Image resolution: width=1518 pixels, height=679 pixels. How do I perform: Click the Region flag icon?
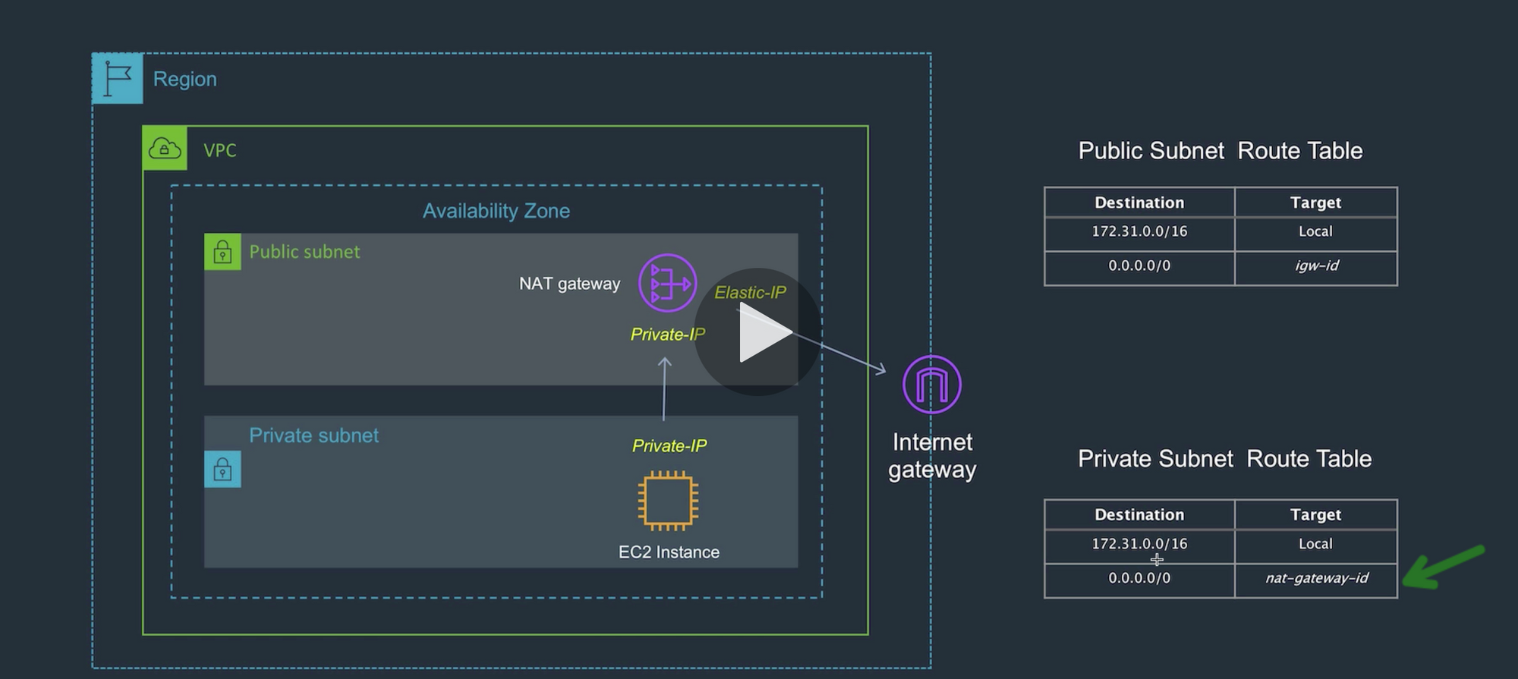(117, 78)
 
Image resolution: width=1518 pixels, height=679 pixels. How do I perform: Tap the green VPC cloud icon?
(165, 149)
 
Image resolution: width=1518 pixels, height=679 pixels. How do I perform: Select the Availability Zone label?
(496, 211)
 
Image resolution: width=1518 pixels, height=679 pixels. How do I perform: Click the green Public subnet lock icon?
(222, 252)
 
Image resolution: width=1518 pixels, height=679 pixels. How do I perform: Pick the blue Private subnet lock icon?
(222, 470)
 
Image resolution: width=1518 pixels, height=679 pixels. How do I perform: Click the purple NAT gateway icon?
(667, 283)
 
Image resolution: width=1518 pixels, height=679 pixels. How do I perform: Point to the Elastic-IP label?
(750, 293)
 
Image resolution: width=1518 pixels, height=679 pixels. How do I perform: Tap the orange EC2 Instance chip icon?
(668, 501)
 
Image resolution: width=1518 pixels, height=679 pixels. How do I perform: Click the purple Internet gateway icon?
(931, 385)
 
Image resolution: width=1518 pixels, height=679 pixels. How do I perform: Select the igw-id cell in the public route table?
(1316, 266)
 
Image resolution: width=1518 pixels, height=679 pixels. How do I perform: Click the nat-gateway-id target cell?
(1316, 579)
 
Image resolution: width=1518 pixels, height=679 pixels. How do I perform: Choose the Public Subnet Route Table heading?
(1220, 151)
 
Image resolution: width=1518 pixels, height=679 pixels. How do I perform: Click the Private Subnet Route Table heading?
(1224, 459)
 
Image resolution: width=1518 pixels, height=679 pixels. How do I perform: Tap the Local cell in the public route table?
(1315, 232)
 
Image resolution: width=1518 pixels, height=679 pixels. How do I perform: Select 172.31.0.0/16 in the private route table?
(1139, 544)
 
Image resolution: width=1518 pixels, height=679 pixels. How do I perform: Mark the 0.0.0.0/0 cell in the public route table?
(1139, 266)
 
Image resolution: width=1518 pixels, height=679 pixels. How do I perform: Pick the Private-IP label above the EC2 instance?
(669, 446)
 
